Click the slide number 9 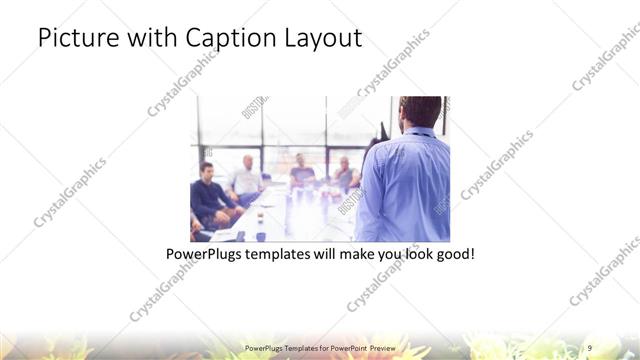590,347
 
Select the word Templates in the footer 292,347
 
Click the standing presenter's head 413,113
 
